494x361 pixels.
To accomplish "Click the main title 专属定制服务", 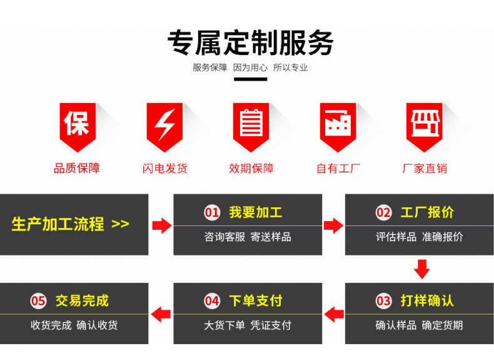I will (250, 42).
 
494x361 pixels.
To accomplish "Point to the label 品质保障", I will (77, 168).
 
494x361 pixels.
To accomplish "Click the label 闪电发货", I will (164, 168).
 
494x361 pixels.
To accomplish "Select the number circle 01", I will (213, 212).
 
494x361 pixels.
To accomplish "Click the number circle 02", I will (383, 212).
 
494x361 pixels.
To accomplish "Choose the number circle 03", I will (383, 301).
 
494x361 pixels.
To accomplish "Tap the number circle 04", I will (213, 301).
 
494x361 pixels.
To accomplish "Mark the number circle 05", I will (39, 301).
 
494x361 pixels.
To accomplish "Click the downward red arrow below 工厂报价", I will (422, 269).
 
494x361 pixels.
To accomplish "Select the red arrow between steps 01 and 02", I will (333, 225).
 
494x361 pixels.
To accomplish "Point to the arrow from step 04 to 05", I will (161, 313).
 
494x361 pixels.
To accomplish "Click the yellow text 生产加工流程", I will (58, 224).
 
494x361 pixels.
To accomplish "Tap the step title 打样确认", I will (427, 301).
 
